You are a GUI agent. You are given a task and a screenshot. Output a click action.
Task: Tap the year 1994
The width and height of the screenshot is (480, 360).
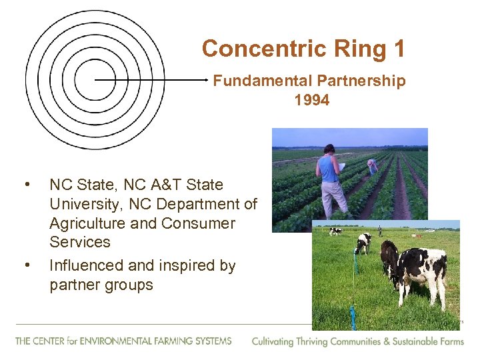(x=311, y=101)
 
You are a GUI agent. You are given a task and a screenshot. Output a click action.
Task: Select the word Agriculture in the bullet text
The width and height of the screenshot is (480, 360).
(x=87, y=223)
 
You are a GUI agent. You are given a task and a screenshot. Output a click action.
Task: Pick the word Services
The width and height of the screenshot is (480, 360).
(x=80, y=242)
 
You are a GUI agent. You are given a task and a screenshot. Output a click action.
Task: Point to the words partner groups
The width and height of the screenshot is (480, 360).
(x=101, y=285)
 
